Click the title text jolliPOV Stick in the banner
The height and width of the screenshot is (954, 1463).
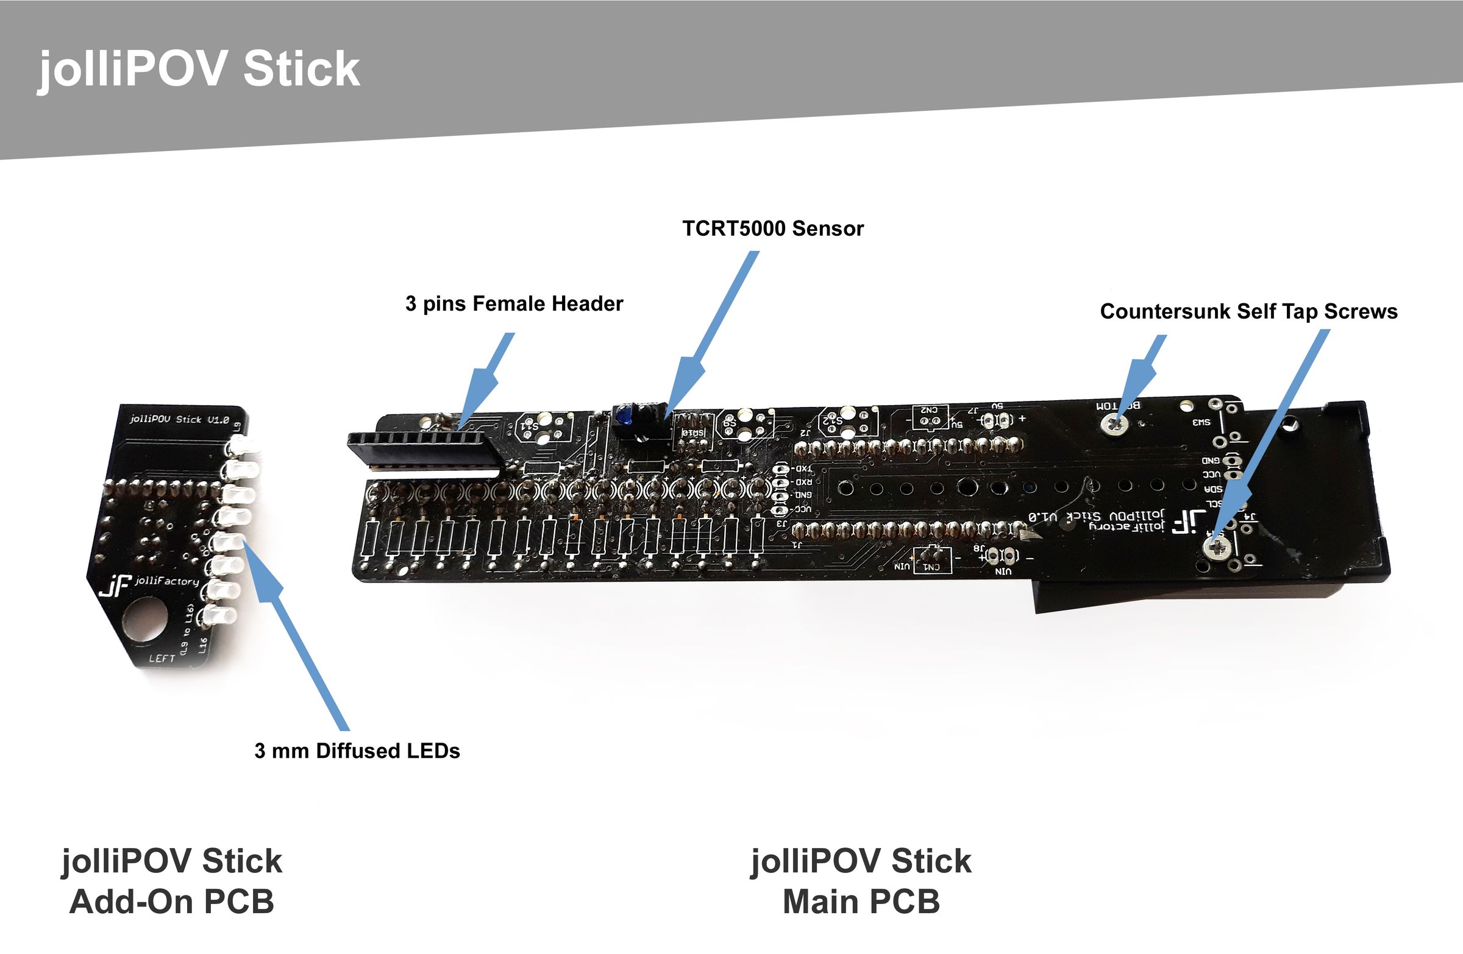[199, 68]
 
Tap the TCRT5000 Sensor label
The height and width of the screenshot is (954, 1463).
[773, 228]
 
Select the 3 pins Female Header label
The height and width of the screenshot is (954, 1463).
[514, 303]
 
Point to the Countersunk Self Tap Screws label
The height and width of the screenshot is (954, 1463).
[1248, 311]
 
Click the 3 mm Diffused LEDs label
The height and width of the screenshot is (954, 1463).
[357, 751]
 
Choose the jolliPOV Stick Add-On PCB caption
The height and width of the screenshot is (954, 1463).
[171, 881]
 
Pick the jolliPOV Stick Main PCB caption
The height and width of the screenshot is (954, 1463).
[861, 881]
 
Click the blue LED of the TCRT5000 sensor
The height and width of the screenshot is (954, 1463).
[625, 415]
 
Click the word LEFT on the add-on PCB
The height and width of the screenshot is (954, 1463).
[162, 659]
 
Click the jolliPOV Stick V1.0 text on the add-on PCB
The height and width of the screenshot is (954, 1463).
[179, 420]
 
